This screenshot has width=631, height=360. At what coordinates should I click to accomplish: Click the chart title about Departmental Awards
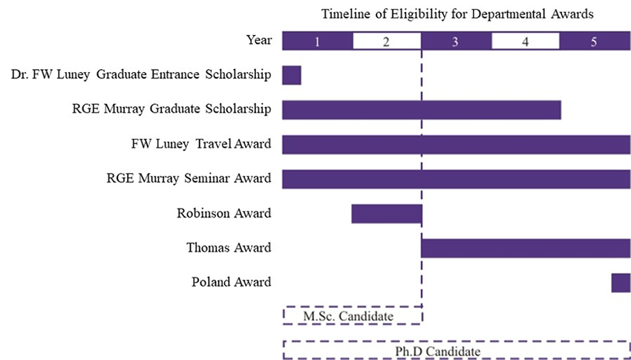click(x=457, y=14)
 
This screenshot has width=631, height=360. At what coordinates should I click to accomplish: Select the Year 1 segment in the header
click(x=317, y=42)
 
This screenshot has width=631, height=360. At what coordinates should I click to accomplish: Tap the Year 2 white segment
click(x=386, y=42)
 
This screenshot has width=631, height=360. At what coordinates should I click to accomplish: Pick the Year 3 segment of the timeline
click(x=455, y=42)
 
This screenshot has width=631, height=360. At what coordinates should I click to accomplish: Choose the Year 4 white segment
click(x=525, y=42)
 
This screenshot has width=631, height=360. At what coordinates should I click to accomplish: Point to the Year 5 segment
click(x=594, y=42)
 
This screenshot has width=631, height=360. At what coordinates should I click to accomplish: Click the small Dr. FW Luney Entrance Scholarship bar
click(x=291, y=75)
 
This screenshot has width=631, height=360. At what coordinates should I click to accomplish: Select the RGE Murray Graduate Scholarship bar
click(x=421, y=110)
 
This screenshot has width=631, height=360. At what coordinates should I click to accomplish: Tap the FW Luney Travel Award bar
click(x=456, y=145)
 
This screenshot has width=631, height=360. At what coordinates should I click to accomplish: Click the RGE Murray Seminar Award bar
click(x=456, y=179)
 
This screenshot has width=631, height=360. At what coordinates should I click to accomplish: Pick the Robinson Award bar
click(x=386, y=214)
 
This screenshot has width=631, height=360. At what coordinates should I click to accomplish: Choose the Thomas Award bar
click(x=526, y=248)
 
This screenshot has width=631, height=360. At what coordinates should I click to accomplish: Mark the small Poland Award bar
click(x=621, y=283)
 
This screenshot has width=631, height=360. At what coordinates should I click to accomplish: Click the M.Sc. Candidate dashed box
click(x=352, y=315)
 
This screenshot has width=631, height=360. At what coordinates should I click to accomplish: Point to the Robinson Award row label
click(x=223, y=214)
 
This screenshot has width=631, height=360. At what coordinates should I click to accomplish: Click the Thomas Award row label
click(x=228, y=248)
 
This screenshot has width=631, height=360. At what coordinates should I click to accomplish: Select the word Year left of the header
click(x=259, y=41)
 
